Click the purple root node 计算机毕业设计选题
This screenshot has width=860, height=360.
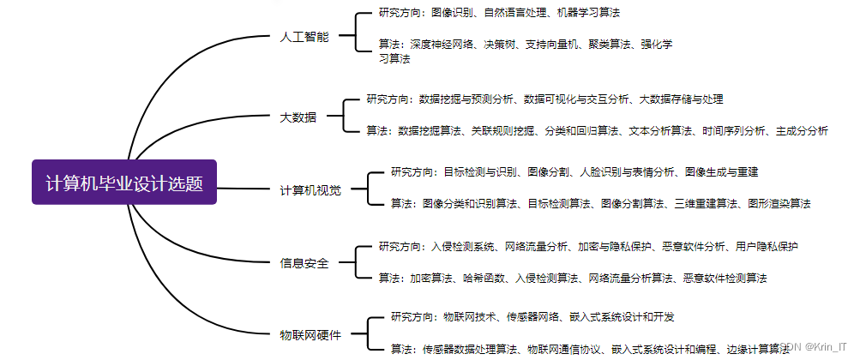click(x=124, y=183)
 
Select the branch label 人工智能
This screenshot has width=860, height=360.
click(x=304, y=38)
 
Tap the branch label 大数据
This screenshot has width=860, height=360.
click(x=298, y=117)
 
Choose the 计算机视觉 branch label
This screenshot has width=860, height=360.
click(x=310, y=189)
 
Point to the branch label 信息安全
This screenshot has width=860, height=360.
click(x=304, y=263)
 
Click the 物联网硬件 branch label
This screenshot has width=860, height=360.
click(x=310, y=333)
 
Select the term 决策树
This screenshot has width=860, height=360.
click(x=500, y=44)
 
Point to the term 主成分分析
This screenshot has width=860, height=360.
click(x=802, y=131)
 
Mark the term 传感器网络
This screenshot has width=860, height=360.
click(x=525, y=316)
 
